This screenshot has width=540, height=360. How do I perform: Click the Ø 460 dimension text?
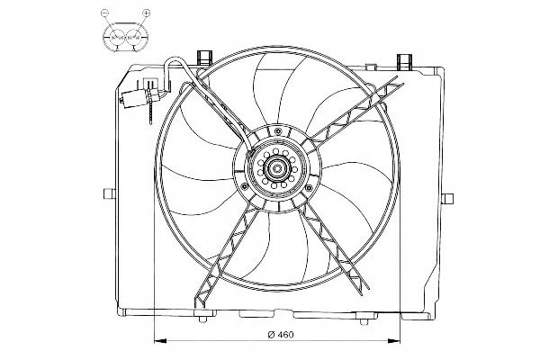tap(281, 335)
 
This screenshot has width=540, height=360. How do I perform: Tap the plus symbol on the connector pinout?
tap(147, 13)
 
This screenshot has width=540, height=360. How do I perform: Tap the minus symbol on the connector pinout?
tap(104, 13)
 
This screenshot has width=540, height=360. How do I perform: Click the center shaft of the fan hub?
tap(277, 168)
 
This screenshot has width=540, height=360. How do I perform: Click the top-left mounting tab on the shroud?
tap(204, 58)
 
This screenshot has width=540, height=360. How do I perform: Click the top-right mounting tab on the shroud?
tap(405, 61)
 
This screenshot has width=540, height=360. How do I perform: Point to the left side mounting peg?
tap(109, 193)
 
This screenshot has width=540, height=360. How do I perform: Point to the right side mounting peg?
tap(447, 199)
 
